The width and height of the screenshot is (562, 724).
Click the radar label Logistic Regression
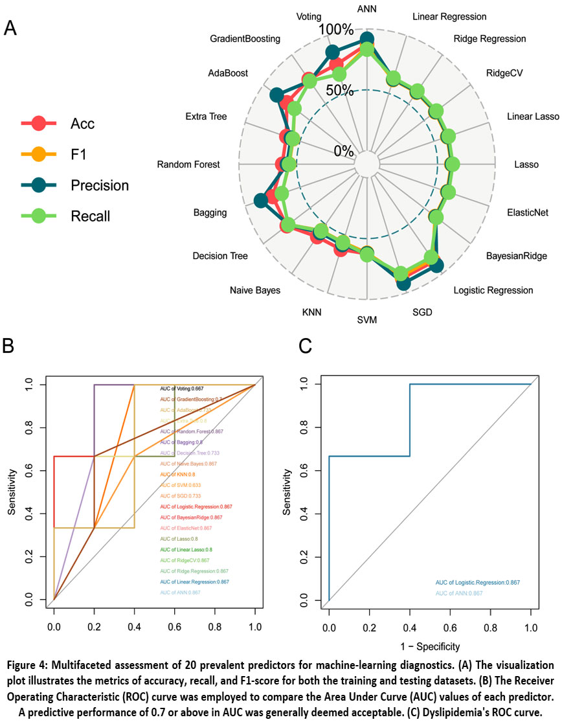(x=493, y=290)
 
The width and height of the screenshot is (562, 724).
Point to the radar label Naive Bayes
(x=255, y=290)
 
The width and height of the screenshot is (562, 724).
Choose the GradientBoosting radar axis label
(x=245, y=39)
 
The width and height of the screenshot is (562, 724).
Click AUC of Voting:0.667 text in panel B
(x=183, y=388)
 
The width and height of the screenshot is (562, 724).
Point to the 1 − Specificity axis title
(x=430, y=646)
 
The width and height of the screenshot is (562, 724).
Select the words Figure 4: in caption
(x=38, y=666)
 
